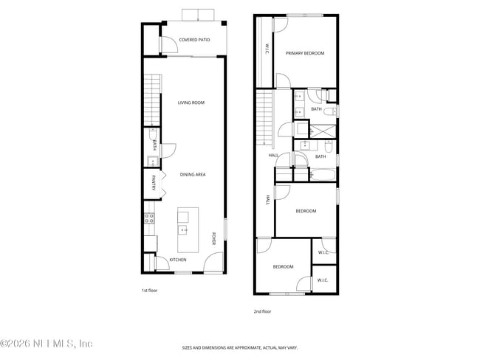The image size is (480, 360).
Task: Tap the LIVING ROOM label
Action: tap(191, 103)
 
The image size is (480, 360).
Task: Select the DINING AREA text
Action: tap(191, 175)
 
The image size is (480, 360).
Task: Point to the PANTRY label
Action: tap(154, 183)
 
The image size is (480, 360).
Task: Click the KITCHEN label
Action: tap(178, 260)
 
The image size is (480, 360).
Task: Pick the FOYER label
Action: tap(214, 238)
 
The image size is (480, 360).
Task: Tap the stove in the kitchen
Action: tap(148, 218)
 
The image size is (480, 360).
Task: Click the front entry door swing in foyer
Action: tap(213, 262)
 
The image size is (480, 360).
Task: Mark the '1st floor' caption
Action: tap(149, 290)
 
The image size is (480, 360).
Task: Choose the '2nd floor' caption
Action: tap(262, 311)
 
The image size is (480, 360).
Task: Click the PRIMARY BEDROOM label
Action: tap(305, 53)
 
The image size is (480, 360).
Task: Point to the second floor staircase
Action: tap(264, 118)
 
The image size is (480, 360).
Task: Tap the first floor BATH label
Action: tap(154, 145)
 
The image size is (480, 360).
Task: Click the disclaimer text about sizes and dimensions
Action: tap(240, 347)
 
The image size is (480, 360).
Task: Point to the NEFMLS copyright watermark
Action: tap(46, 344)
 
